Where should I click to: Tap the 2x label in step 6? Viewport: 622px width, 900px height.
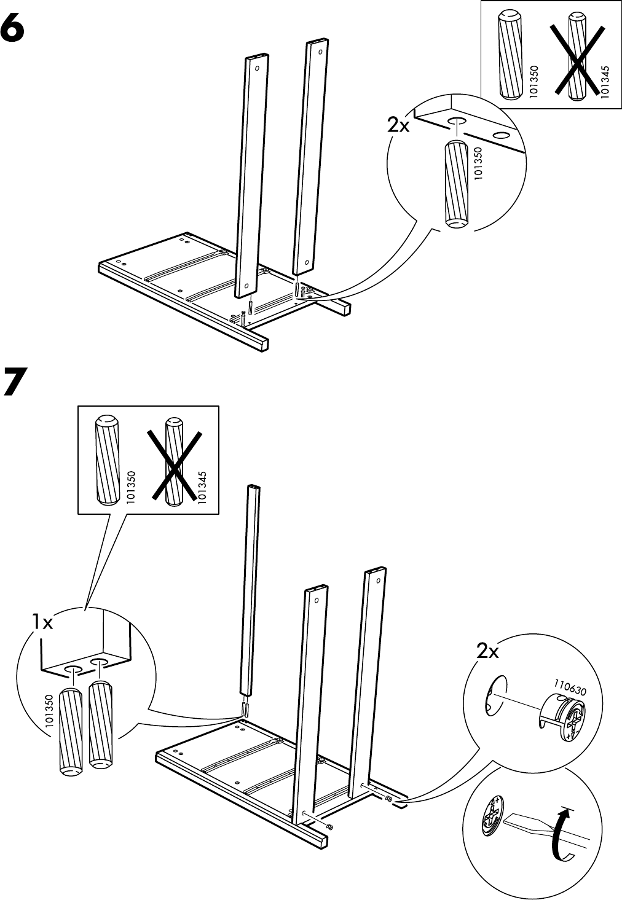click(x=398, y=125)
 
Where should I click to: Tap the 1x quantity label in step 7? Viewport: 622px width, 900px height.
click(x=43, y=623)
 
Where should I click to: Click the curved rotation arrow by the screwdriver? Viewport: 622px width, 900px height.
click(x=560, y=836)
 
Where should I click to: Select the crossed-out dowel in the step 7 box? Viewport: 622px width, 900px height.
click(x=175, y=463)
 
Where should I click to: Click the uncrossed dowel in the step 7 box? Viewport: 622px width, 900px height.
click(x=104, y=459)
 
